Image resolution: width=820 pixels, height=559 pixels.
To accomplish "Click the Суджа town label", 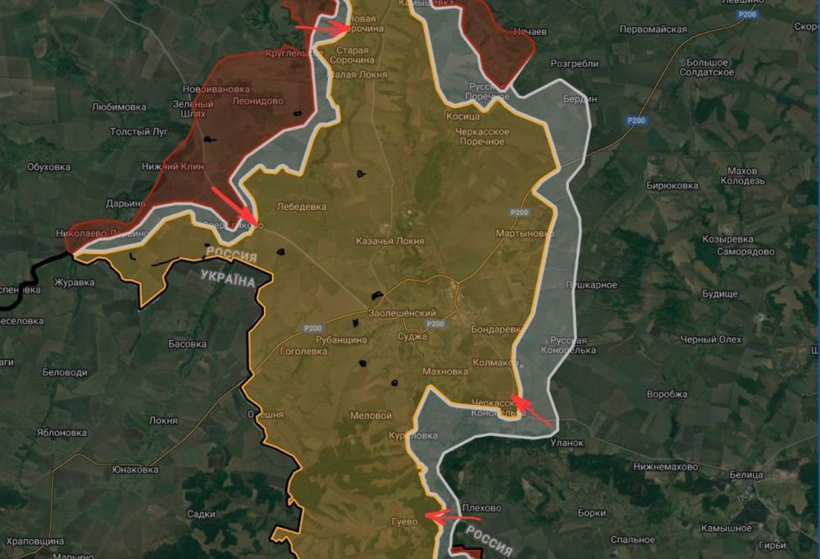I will click(411, 336).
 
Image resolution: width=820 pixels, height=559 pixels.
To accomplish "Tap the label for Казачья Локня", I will click(389, 241).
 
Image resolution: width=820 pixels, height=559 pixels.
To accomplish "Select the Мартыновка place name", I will click(525, 234).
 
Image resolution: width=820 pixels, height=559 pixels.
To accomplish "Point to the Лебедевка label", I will click(302, 207).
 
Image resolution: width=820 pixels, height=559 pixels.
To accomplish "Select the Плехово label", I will click(481, 508).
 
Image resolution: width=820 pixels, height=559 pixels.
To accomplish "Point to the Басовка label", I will click(187, 343).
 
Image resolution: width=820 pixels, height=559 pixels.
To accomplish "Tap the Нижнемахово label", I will click(665, 466).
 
